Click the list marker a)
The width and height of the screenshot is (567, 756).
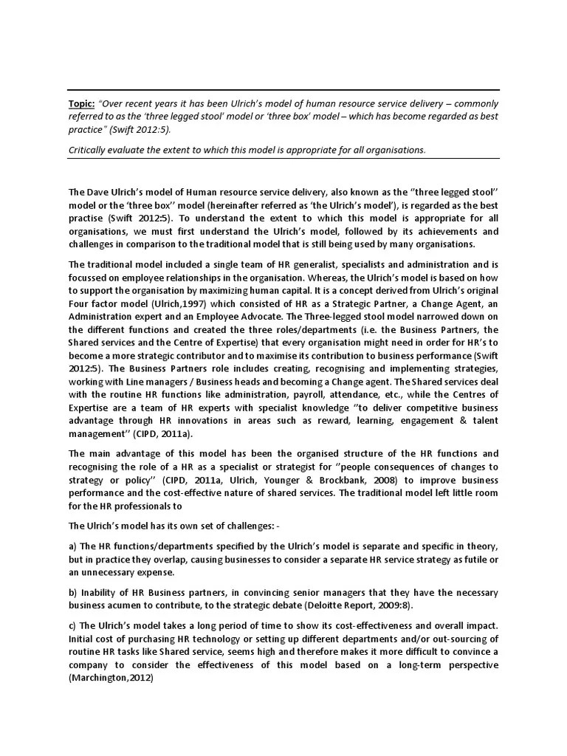(x=74, y=546)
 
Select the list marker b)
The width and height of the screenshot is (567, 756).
(x=74, y=593)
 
